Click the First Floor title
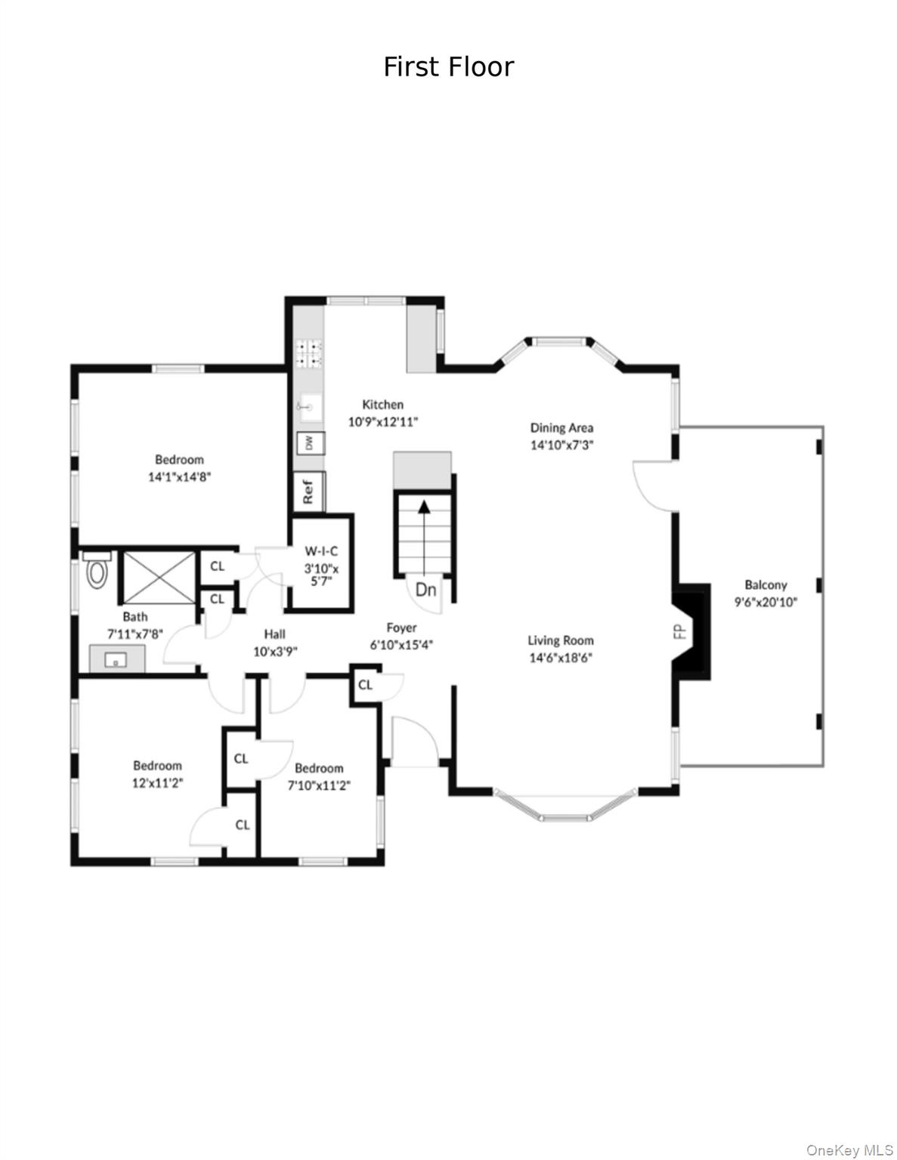pyautogui.click(x=449, y=67)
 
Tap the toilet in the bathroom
pyautogui.click(x=97, y=570)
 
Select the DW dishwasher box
pyautogui.click(x=311, y=443)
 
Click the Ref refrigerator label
pyautogui.click(x=308, y=492)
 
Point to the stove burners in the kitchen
pyautogui.click(x=309, y=354)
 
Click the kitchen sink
pyautogui.click(x=309, y=407)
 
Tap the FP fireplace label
pyautogui.click(x=680, y=632)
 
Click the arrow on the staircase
pyautogui.click(x=424, y=538)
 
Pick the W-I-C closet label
pyautogui.click(x=321, y=551)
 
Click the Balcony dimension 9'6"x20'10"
pyautogui.click(x=766, y=602)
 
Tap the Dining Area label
pyautogui.click(x=561, y=427)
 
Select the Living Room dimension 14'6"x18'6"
pyautogui.click(x=561, y=658)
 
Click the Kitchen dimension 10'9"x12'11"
pyautogui.click(x=383, y=421)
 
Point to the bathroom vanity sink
pyautogui.click(x=116, y=660)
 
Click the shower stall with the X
pyautogui.click(x=159, y=578)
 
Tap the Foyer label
pyautogui.click(x=401, y=628)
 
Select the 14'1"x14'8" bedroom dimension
pyautogui.click(x=179, y=477)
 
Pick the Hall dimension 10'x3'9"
pyautogui.click(x=275, y=651)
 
